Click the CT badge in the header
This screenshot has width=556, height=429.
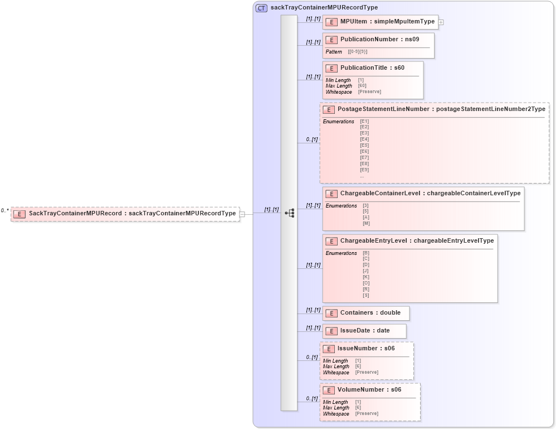261,8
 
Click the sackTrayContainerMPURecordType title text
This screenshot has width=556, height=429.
324,8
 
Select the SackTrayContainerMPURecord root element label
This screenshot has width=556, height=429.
132,214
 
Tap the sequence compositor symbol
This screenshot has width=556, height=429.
289,213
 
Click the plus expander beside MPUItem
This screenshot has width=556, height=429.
441,22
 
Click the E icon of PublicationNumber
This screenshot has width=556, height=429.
331,40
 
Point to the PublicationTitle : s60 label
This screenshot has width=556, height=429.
372,68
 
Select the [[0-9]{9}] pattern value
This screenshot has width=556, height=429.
357,52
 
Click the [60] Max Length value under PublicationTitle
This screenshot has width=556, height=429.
362,86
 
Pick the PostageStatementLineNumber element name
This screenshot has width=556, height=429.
383,109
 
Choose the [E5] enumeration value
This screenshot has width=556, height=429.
364,146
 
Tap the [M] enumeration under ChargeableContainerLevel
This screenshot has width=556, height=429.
366,224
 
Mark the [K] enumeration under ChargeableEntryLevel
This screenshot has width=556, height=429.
366,277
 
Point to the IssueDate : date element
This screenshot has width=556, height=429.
365,331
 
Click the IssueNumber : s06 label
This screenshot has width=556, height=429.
366,349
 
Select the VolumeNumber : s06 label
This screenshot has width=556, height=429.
369,390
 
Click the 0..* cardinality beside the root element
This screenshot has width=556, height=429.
4,211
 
